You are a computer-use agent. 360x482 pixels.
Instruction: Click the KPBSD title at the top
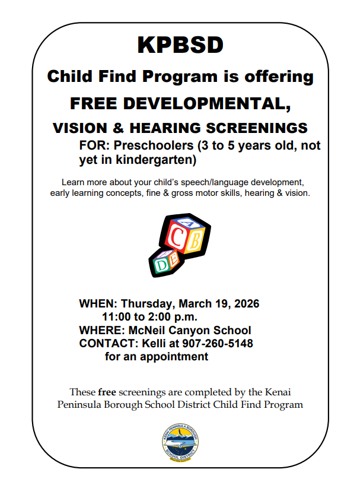tap(180, 45)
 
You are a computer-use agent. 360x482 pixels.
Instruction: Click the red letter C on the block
tap(177, 237)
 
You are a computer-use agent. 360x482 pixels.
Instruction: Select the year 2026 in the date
tap(245, 303)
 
